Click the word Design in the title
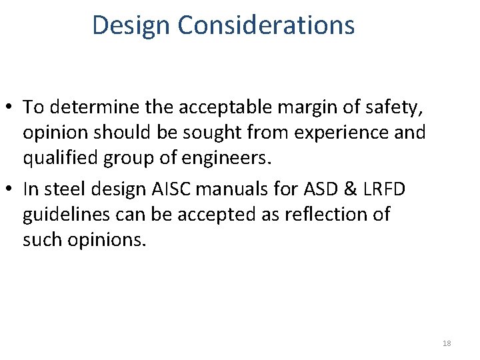click(131, 25)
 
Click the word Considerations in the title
click(266, 25)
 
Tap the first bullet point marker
click(11, 107)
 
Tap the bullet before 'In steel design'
click(11, 190)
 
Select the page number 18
click(447, 343)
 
